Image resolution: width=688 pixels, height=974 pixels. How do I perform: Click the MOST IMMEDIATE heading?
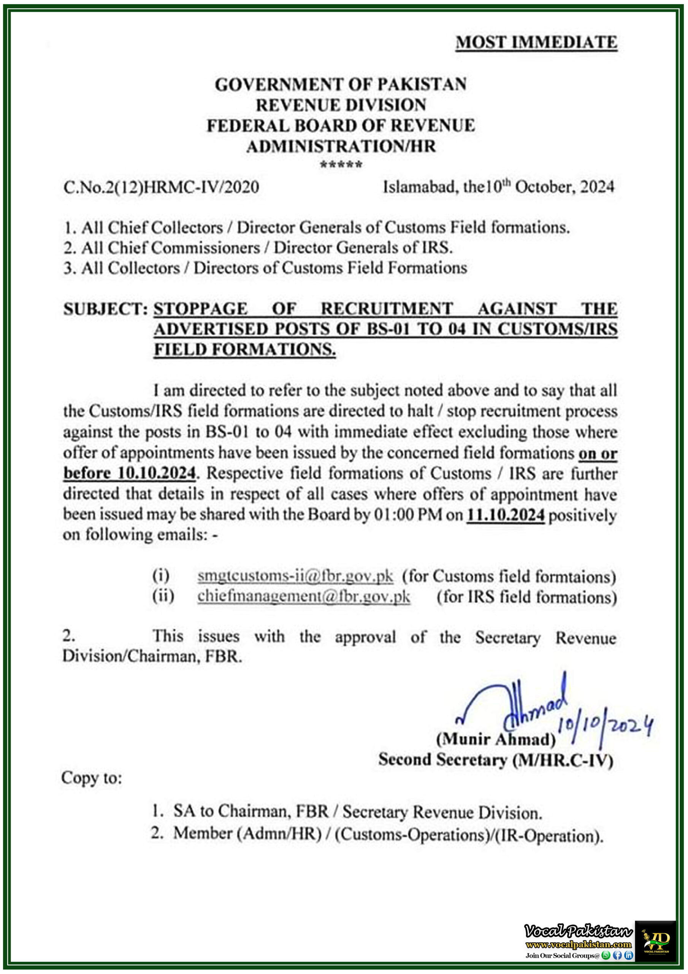tap(536, 42)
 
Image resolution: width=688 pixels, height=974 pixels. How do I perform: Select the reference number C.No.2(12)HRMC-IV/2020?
tap(161, 187)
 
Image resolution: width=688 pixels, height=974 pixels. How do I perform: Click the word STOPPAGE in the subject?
tap(200, 309)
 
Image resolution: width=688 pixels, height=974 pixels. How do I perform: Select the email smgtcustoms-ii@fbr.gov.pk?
tap(295, 576)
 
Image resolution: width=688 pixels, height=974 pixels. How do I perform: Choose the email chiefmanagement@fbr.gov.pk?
tap(303, 596)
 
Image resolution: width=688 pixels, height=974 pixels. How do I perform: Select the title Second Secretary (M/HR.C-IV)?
tap(496, 760)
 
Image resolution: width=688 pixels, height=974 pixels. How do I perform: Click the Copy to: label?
tap(91, 778)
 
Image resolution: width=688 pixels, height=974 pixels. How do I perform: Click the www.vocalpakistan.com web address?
tap(578, 944)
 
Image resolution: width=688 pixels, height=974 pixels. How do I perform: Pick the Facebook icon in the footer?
tap(617, 955)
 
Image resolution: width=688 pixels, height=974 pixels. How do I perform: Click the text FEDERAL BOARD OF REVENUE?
tap(341, 126)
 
